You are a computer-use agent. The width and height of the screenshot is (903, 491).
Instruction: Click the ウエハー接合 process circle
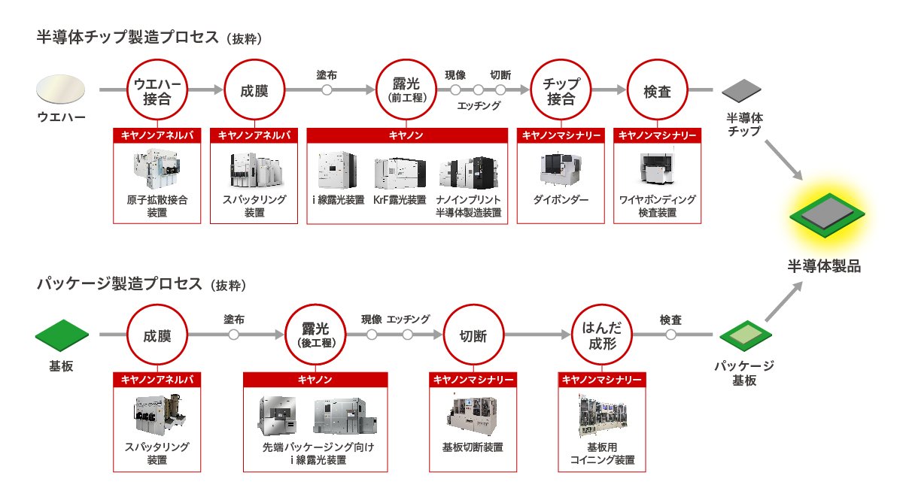157,90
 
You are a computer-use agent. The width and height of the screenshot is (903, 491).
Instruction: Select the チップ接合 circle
561,90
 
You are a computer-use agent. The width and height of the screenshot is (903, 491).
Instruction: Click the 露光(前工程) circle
407,90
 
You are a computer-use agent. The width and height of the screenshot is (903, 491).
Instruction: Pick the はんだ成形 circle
600,335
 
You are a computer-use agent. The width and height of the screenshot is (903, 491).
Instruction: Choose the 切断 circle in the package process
473,335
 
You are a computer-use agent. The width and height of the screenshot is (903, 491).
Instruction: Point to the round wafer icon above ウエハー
61,90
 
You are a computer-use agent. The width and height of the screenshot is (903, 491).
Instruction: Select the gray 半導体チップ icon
743,91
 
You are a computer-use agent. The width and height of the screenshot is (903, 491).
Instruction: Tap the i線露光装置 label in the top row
338,200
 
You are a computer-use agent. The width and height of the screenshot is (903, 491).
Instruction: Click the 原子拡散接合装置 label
157,206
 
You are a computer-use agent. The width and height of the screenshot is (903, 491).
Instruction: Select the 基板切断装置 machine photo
473,414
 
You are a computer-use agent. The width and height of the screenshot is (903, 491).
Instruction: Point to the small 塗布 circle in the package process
235,335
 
